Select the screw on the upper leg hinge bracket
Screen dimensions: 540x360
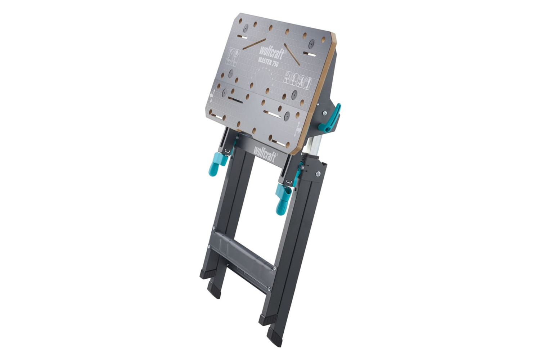[x=318, y=173]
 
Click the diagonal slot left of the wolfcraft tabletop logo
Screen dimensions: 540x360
[x=254, y=44]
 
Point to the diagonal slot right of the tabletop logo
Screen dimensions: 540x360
[x=292, y=54]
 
